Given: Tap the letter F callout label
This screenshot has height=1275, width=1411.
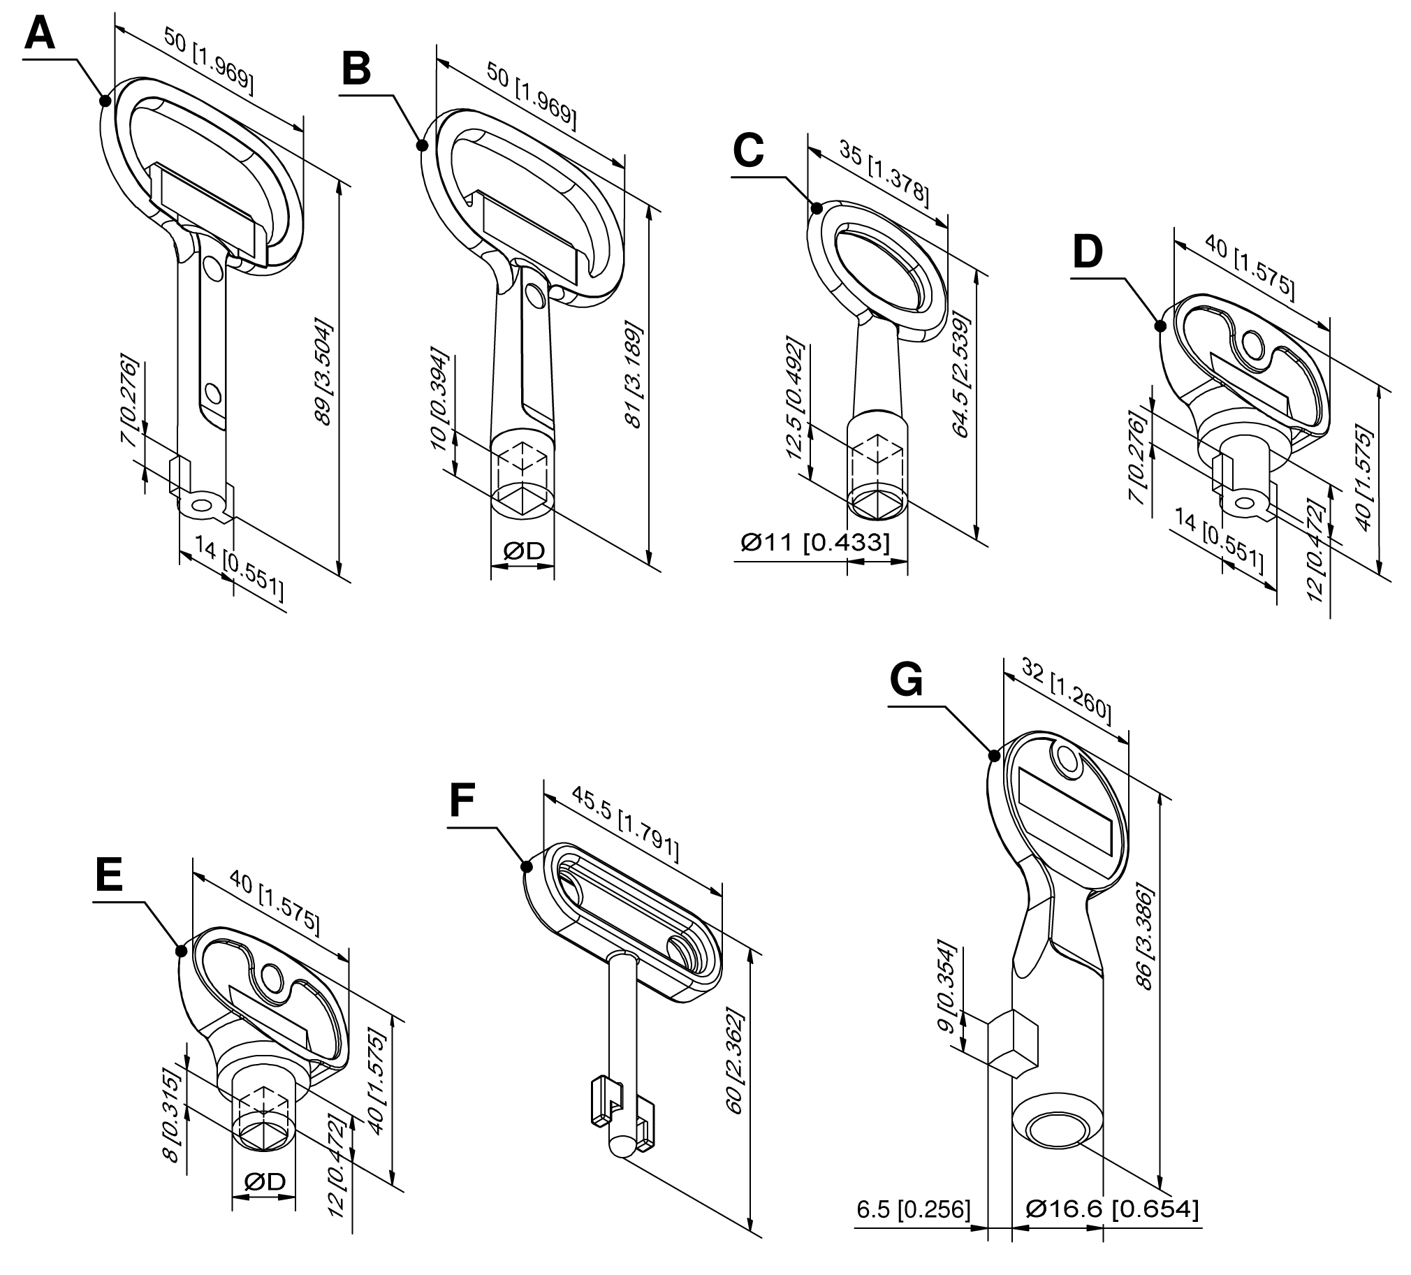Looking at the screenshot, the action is pos(462,801).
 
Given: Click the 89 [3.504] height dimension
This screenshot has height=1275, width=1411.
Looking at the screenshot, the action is pos(323,372).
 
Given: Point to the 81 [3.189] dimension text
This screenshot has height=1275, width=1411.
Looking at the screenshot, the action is pos(634,374).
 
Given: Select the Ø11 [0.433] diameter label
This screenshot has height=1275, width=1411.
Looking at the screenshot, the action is pos(814,542).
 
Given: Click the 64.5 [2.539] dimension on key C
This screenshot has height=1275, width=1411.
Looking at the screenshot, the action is pos(963,377).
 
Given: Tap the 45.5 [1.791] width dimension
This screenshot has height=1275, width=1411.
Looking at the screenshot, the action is pos(625,823).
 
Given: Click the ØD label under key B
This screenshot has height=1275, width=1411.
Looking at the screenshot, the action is pos(523,551).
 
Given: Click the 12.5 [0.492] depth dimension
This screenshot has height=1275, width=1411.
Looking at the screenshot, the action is pos(796,398).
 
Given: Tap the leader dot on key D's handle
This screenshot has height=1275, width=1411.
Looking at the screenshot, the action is pos(1160,326).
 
